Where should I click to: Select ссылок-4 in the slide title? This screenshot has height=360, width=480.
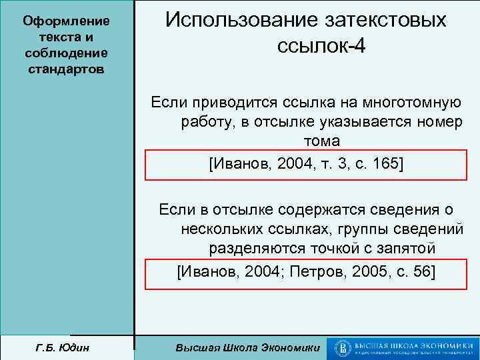pyautogui.click(x=319, y=48)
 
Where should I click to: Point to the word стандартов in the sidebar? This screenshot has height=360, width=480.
pyautogui.click(x=66, y=71)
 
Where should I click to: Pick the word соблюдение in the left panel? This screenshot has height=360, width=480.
pyautogui.click(x=66, y=54)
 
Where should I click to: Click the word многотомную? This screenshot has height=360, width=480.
pyautogui.click(x=412, y=103)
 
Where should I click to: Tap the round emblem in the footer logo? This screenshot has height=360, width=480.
pyautogui.click(x=343, y=348)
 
